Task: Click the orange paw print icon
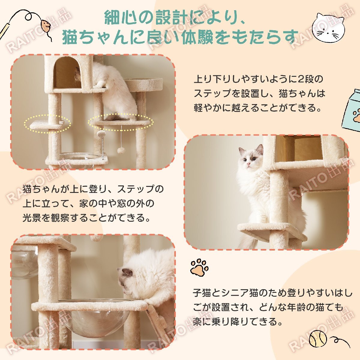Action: click(x=199, y=267)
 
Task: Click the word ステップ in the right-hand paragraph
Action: click(x=213, y=94)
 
